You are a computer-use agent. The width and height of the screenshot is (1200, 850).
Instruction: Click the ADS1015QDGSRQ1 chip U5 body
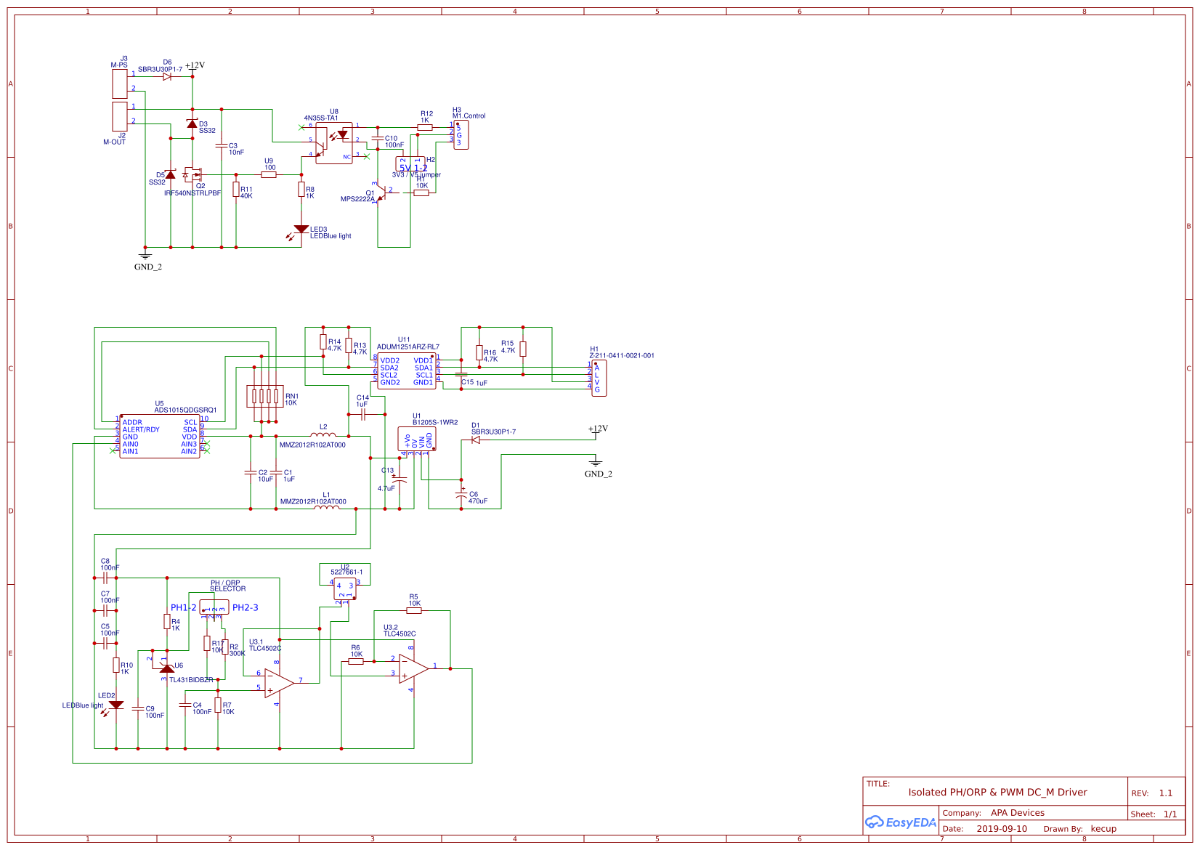pyautogui.click(x=159, y=437)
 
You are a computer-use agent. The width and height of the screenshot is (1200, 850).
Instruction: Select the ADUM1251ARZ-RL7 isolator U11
pyautogui.click(x=406, y=371)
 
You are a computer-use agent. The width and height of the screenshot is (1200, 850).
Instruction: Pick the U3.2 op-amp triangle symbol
pyautogui.click(x=413, y=668)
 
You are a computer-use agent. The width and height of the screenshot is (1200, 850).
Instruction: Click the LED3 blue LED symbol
pyautogui.click(x=301, y=230)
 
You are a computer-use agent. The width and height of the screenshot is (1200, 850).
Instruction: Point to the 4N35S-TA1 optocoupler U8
pyautogui.click(x=334, y=142)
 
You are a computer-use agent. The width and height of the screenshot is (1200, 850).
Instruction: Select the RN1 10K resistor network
pyautogui.click(x=265, y=396)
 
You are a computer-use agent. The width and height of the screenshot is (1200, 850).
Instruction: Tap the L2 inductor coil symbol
pyautogui.click(x=323, y=435)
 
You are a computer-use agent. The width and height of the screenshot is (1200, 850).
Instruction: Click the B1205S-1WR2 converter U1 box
pyautogui.click(x=417, y=439)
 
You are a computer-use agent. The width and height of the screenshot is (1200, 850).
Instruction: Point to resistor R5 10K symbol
pyautogui.click(x=414, y=610)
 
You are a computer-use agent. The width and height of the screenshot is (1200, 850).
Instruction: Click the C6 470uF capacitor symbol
pyautogui.click(x=461, y=495)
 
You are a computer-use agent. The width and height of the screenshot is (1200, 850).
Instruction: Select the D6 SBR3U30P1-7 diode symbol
pyautogui.click(x=167, y=76)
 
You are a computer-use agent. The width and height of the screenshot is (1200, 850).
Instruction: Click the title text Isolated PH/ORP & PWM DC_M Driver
pyautogui.click(x=997, y=793)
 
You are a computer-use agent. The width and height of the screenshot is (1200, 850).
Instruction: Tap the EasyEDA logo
pyautogui.click(x=900, y=822)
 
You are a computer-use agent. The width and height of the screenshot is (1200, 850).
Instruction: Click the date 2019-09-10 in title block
pyautogui.click(x=1001, y=829)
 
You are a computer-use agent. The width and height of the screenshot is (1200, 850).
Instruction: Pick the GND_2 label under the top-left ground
pyautogui.click(x=148, y=267)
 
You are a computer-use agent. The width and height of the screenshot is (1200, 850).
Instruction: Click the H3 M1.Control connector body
pyautogui.click(x=461, y=135)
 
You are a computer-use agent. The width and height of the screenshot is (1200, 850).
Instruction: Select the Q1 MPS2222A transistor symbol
pyautogui.click(x=381, y=193)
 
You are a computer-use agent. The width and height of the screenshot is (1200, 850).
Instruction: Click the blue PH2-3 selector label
pyautogui.click(x=245, y=607)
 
